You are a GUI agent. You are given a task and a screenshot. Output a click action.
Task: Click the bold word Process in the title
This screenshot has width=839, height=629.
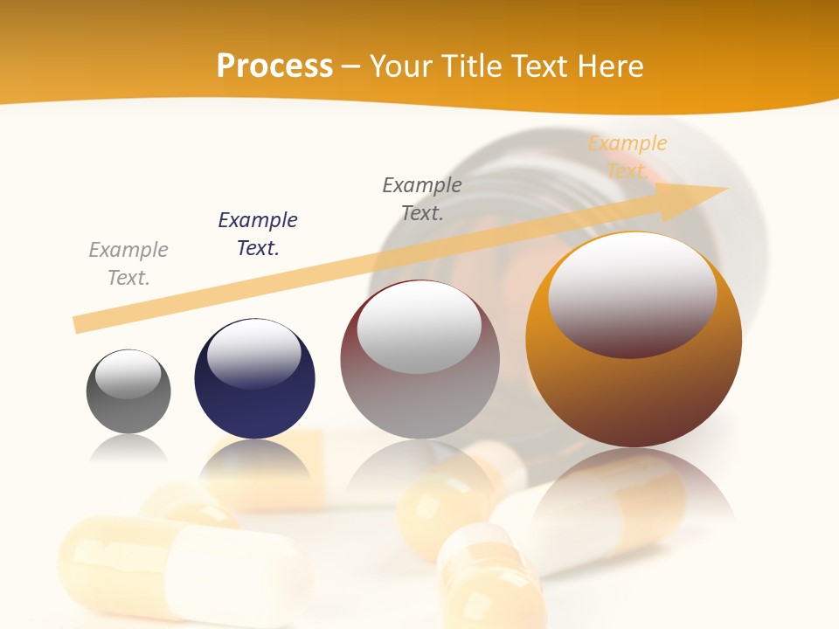point(274,66)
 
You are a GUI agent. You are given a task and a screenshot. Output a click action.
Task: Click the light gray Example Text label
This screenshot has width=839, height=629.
point(128,264)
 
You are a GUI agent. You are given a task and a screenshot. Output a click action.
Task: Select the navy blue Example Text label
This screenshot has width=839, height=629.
point(258,234)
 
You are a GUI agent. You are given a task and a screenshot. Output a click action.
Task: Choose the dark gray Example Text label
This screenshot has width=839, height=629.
point(422,199)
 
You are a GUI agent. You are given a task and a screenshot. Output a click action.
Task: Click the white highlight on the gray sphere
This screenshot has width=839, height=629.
point(128,375)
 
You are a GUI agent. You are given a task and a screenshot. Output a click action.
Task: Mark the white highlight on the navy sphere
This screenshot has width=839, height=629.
point(254,354)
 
